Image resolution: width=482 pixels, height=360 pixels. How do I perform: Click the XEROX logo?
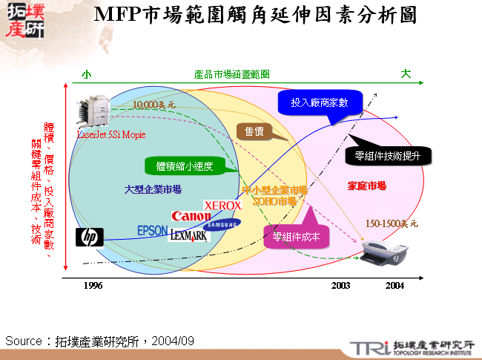222,204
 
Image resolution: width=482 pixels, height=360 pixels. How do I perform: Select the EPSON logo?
153,231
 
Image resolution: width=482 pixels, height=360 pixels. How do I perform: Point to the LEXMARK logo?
188,235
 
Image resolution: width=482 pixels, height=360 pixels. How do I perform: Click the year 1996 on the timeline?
93,286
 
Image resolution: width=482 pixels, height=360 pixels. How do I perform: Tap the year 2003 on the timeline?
340,286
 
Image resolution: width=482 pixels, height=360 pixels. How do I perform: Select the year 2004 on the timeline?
394,286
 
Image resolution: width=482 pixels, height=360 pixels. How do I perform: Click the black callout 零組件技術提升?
388,156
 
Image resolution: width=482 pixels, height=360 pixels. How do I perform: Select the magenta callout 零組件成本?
296,238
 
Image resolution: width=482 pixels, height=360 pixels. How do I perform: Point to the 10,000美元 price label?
154,105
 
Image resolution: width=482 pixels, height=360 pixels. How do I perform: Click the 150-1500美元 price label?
392,223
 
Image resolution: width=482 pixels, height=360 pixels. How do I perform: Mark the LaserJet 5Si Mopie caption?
112,135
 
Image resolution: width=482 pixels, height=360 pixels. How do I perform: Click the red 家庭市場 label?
366,186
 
